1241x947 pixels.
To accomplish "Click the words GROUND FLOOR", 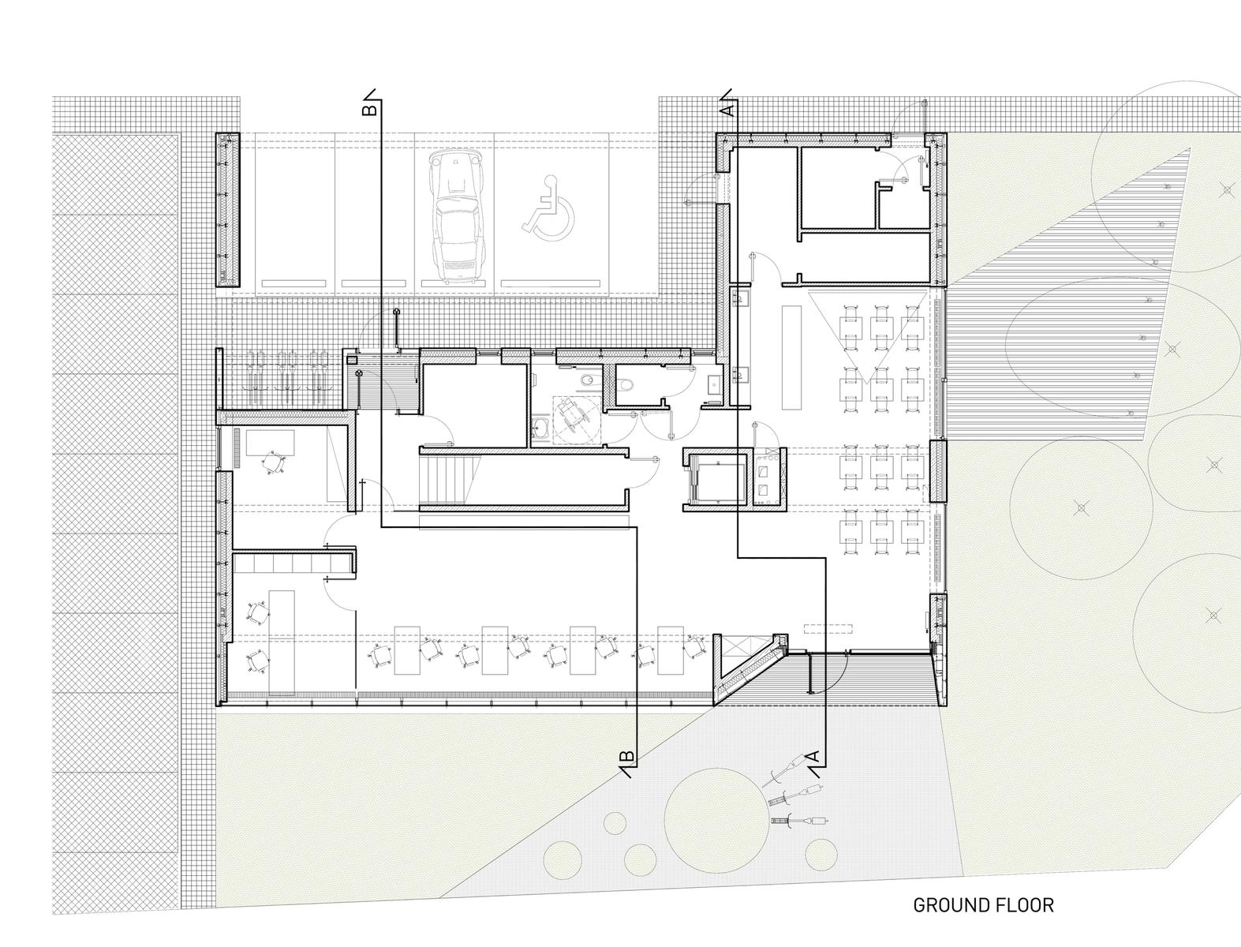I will (983, 904).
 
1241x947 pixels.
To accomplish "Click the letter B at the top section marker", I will (369, 109).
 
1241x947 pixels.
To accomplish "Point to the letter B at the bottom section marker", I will (627, 756).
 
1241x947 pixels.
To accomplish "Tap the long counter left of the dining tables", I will (791, 357).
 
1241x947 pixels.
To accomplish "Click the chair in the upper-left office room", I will (274, 462).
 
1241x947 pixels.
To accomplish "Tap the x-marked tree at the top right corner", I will (1226, 189).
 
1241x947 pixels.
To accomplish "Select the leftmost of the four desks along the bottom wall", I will (408, 649).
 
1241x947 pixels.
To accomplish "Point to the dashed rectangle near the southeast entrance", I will (828, 629).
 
